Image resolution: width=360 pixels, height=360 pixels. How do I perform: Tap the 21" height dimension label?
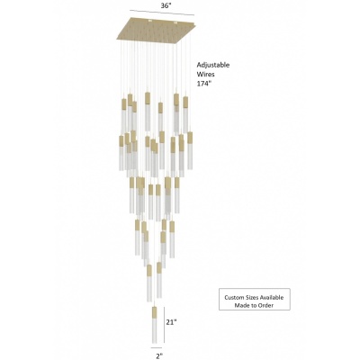172,322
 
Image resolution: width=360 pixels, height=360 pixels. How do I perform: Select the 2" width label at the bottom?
159,355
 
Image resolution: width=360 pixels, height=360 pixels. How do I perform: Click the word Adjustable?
213,65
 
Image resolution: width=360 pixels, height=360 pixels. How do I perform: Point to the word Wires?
206,75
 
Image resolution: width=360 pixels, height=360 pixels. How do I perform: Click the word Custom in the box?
233,298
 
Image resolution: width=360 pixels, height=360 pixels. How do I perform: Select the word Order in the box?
266,306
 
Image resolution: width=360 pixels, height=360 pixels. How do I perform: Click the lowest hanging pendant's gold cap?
154,312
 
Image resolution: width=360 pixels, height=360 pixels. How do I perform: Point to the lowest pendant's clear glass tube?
154,331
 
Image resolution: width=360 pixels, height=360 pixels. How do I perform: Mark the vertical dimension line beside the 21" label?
164,324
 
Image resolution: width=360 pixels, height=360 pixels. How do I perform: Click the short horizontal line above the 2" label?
157,348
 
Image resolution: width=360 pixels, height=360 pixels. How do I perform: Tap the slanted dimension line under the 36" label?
162,13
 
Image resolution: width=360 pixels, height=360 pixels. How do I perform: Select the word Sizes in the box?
249,298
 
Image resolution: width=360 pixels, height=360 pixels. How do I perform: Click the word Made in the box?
240,306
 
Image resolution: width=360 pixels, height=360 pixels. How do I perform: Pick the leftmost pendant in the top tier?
124,118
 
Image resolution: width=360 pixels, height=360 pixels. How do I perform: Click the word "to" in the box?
253,306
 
